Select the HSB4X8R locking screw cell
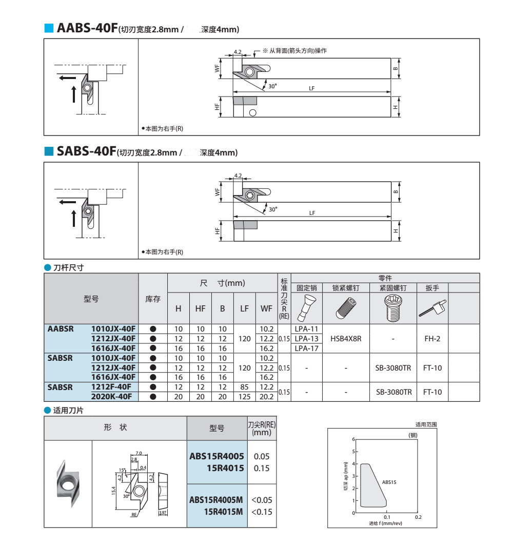click(x=346, y=338)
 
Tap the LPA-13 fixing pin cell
click(x=307, y=338)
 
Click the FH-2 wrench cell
click(x=432, y=338)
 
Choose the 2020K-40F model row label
click(x=113, y=396)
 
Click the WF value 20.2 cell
click(x=267, y=396)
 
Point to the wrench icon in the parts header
click(x=432, y=308)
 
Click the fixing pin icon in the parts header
click(x=307, y=308)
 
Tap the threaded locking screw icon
click(x=346, y=308)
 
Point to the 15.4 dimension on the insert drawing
click(x=113, y=491)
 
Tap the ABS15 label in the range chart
click(x=389, y=482)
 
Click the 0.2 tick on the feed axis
click(x=419, y=518)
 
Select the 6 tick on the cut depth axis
click(x=353, y=439)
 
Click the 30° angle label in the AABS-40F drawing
click(x=272, y=86)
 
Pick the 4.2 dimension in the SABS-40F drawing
click(x=238, y=176)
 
